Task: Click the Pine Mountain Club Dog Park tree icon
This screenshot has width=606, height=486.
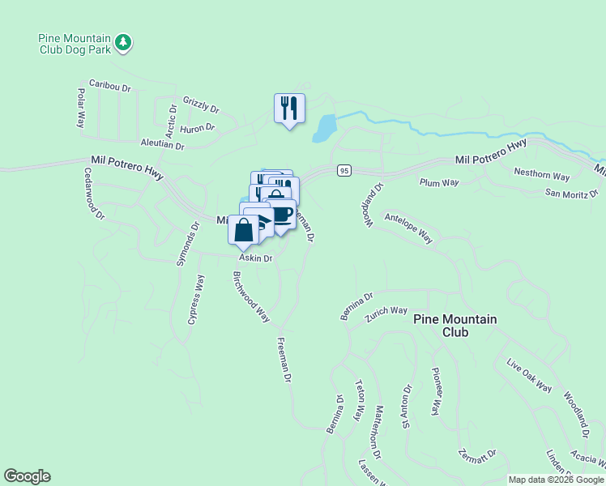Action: pyautogui.click(x=123, y=42)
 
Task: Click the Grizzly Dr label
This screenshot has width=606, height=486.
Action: pyautogui.click(x=201, y=104)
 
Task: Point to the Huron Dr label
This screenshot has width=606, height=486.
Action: pyautogui.click(x=198, y=128)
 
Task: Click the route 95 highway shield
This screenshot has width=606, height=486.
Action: pyautogui.click(x=344, y=170)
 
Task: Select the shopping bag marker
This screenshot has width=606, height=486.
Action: pyautogui.click(x=244, y=230)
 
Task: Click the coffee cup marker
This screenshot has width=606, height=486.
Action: pyautogui.click(x=282, y=214)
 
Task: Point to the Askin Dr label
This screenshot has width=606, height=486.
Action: pyautogui.click(x=254, y=258)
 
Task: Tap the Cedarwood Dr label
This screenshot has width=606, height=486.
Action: pyautogui.click(x=95, y=194)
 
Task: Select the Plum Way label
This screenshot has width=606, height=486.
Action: pyautogui.click(x=439, y=183)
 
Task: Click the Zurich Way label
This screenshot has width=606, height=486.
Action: pyautogui.click(x=386, y=311)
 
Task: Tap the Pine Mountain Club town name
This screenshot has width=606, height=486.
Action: pyautogui.click(x=454, y=325)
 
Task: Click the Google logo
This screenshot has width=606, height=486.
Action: pyautogui.click(x=27, y=476)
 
